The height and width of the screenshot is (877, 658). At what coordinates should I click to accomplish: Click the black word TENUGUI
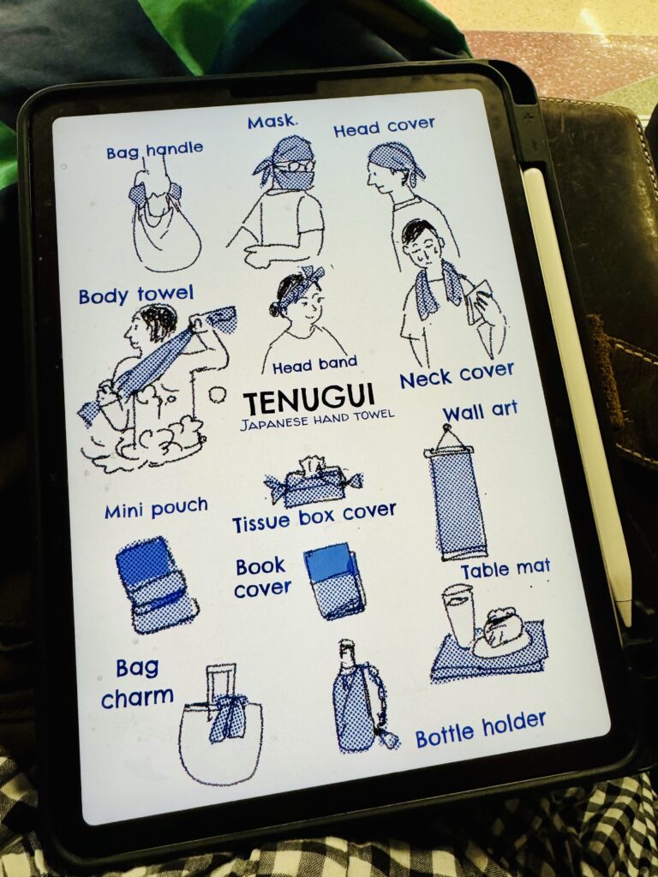(x=308, y=399)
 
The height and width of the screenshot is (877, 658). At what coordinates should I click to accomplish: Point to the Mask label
(x=272, y=122)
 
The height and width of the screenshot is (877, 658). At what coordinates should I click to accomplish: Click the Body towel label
(x=136, y=295)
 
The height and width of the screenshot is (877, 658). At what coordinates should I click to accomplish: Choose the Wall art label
(x=480, y=412)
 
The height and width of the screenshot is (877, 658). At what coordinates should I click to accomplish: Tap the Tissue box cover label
(x=314, y=517)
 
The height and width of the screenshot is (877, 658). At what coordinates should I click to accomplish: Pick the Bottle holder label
(x=481, y=729)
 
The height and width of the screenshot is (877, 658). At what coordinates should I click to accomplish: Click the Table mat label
(x=505, y=570)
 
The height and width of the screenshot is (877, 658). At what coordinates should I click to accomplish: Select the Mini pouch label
(x=156, y=508)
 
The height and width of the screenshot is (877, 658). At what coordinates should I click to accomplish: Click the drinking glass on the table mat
(x=460, y=615)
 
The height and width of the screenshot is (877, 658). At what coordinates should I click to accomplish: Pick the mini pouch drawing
(x=155, y=584)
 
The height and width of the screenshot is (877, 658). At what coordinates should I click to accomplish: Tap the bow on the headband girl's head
(x=314, y=275)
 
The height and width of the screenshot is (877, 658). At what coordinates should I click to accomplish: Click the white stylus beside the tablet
(x=577, y=391)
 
